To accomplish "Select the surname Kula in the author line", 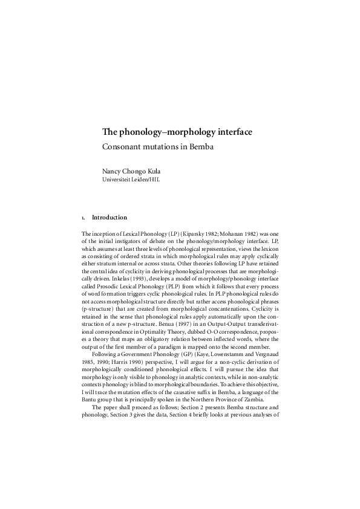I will (x=162, y=170).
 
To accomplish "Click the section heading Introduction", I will (x=109, y=217).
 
